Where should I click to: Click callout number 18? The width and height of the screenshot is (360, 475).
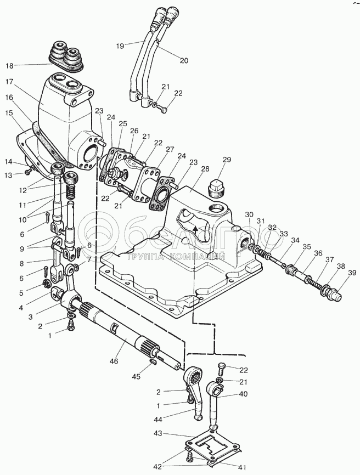[x=10, y=65]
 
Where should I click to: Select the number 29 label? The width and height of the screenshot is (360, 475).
[x=227, y=160]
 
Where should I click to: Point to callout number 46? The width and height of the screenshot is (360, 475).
[x=114, y=361]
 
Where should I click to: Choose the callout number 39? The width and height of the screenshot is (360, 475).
[x=352, y=273]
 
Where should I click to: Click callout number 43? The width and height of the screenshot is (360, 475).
[x=158, y=433]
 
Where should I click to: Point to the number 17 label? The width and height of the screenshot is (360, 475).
[x=10, y=82]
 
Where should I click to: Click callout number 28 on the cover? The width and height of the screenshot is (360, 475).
[x=205, y=169]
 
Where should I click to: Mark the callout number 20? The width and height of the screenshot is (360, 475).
[x=184, y=60]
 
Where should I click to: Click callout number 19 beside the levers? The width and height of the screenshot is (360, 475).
[x=120, y=46]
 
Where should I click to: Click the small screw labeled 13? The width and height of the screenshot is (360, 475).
[x=28, y=172]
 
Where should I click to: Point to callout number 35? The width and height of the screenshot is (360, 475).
[x=307, y=247]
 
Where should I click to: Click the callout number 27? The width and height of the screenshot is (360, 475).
[x=170, y=149]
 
